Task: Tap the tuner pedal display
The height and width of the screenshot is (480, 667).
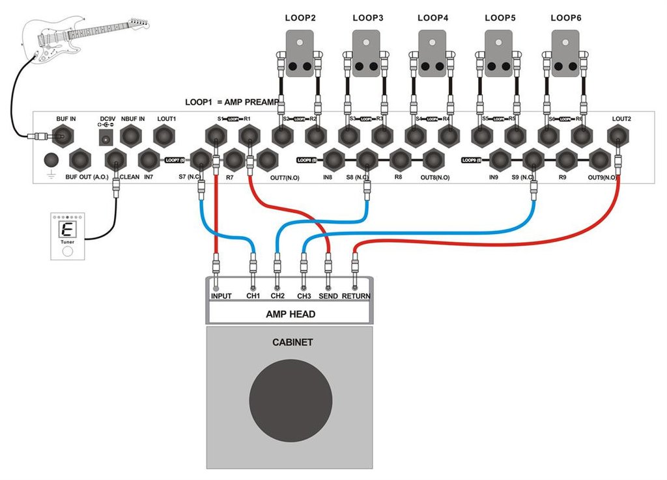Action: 66,229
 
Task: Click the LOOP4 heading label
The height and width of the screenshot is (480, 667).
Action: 433,18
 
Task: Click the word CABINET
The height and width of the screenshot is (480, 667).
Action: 291,342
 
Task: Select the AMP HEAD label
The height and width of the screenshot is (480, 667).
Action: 291,314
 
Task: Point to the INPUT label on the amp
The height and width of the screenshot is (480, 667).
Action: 221,296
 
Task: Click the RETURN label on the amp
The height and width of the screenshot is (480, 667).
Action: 356,296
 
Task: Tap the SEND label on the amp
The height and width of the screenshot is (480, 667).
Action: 328,296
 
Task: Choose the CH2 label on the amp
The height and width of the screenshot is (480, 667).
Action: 277,296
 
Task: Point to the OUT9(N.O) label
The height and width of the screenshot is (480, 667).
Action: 603,177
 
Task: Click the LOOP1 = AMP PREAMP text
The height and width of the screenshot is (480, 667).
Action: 232,103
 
